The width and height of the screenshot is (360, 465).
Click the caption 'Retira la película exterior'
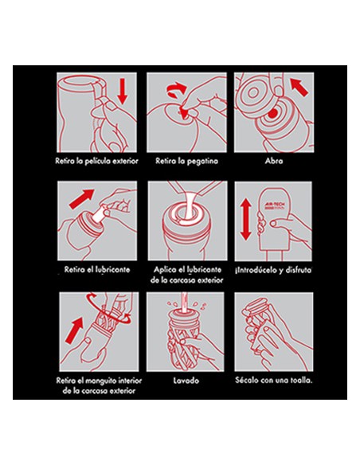96,161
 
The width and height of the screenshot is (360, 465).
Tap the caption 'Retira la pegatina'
187,161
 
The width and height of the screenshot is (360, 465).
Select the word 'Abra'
274,161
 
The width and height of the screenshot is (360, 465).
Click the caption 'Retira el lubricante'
97,270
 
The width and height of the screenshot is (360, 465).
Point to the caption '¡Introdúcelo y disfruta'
273,270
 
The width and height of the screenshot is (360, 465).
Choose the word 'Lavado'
186,380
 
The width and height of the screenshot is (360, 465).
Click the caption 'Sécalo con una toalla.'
273,380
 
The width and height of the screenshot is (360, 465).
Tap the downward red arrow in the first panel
122,91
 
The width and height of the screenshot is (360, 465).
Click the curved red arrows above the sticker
176,89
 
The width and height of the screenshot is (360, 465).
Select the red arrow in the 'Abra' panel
299,87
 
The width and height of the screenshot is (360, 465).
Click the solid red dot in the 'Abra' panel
273,113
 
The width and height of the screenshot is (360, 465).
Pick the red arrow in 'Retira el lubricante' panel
81,198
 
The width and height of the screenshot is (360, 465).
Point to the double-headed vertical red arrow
246,220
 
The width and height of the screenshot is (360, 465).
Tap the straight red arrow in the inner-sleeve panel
74,330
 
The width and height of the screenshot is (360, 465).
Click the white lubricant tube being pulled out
99,214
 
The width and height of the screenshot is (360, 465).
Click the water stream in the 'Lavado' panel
184,302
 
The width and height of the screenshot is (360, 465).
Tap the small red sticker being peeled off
184,113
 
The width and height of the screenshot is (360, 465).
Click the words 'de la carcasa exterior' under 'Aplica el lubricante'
187,280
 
